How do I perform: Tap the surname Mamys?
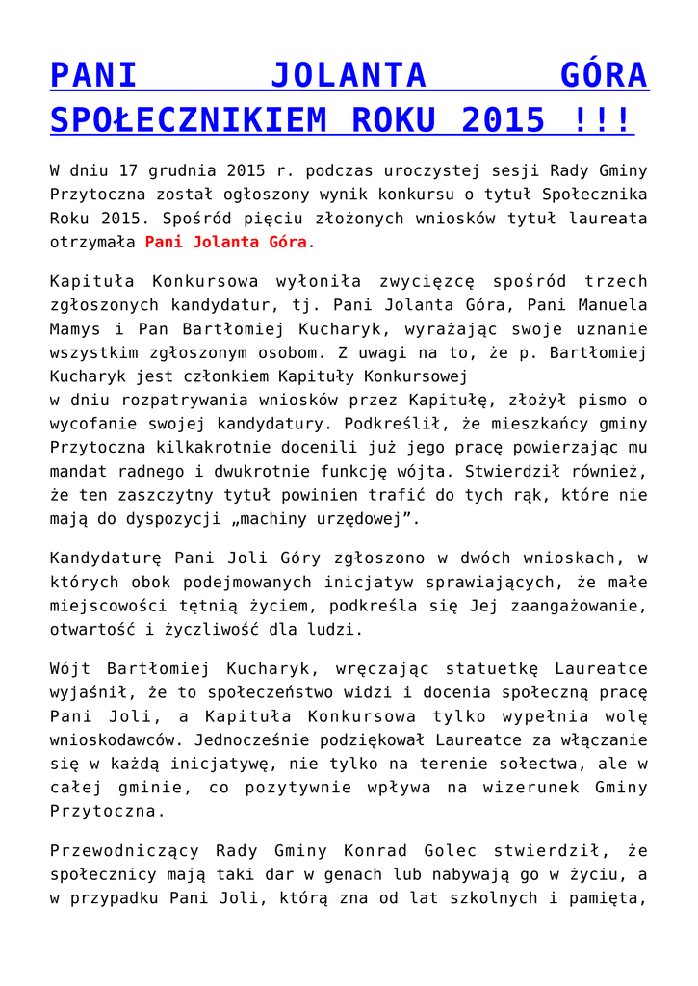[76, 327]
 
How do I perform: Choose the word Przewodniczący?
[124, 850]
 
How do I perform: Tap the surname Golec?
[449, 850]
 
